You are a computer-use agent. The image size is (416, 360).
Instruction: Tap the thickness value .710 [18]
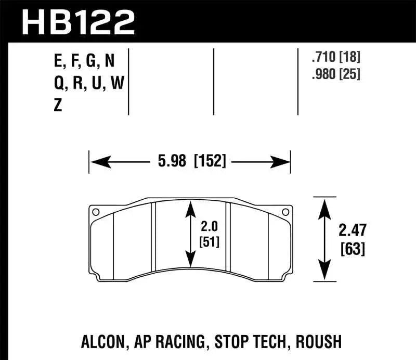click(336, 58)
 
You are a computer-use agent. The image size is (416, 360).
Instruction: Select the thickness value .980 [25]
click(336, 74)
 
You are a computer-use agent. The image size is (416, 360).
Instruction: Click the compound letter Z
click(58, 106)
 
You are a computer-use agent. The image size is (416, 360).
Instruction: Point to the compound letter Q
click(59, 84)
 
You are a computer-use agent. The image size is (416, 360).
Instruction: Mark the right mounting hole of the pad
click(283, 212)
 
